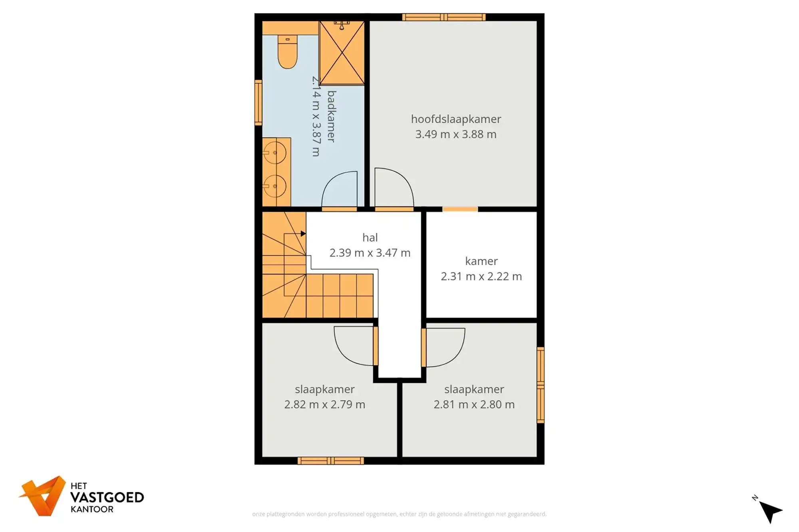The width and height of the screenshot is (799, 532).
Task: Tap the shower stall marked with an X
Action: point(342,53)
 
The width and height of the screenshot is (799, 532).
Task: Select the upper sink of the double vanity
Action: point(275,153)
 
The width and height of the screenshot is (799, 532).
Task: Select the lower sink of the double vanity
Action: point(275,186)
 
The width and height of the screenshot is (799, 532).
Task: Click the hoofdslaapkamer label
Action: point(456,119)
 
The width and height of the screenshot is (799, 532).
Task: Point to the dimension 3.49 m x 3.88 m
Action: point(456,134)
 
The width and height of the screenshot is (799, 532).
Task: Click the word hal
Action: point(370,237)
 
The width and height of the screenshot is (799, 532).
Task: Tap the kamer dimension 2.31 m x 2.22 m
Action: point(481,276)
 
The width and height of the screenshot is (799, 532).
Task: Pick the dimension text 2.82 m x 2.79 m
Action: point(324,404)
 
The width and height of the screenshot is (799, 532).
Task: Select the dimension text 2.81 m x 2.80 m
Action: point(474,404)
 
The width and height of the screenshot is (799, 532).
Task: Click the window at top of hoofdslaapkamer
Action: point(444,17)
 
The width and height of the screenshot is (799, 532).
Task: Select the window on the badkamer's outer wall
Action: point(258,103)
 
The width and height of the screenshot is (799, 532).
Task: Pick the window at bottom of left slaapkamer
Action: point(330,461)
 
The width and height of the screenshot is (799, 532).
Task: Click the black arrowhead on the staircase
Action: point(303,233)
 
